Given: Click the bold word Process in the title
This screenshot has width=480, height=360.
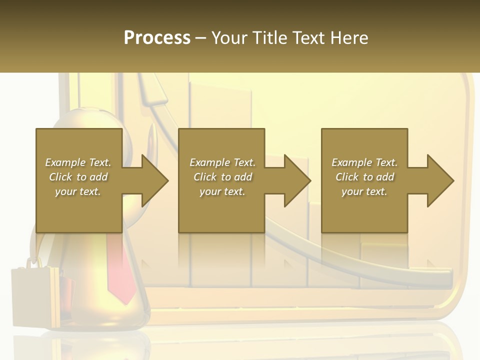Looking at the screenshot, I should (157, 38).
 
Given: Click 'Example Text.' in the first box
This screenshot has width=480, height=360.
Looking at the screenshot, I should (78, 162).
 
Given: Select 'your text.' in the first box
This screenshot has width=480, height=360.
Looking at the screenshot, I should (78, 191).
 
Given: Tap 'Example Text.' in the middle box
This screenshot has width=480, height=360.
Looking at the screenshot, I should (222, 162).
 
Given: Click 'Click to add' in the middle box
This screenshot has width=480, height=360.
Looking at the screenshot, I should (222, 177).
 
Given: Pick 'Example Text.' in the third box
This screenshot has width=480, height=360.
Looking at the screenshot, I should (364, 162).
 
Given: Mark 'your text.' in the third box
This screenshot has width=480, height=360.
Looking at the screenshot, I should (364, 191).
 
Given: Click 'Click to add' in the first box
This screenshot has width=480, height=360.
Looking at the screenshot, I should (78, 177).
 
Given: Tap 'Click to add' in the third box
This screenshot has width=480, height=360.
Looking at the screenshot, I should (364, 177).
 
